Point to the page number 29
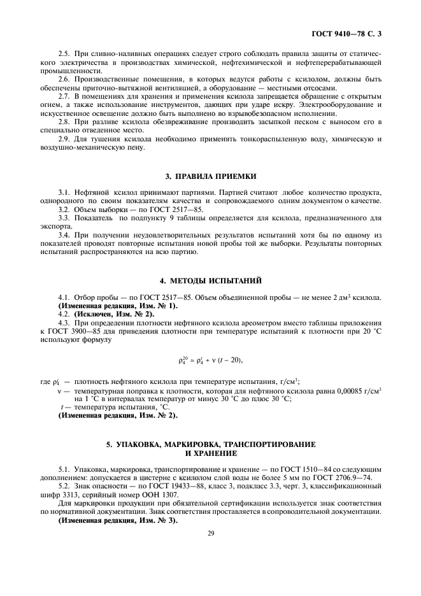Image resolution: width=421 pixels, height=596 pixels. click(x=210, y=534)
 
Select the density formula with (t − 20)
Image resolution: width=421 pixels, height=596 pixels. click(x=211, y=360)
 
